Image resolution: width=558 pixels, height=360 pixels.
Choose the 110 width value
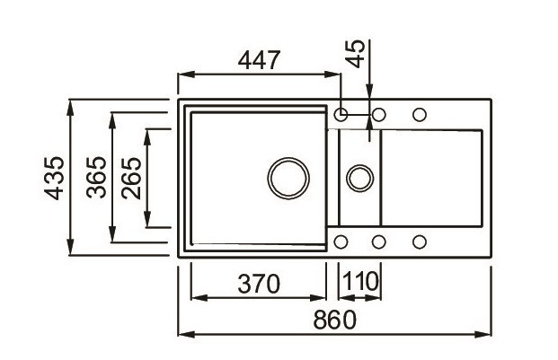(x=359, y=283)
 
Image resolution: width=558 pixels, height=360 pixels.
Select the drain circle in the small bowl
(x=359, y=176)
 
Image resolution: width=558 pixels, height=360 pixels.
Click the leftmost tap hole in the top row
(x=341, y=115)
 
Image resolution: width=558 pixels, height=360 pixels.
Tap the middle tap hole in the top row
(x=379, y=115)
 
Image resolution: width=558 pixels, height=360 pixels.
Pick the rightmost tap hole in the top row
(x=420, y=115)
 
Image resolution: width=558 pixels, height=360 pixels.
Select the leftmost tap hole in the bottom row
(x=341, y=241)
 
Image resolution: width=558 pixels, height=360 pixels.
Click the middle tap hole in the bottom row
(x=379, y=241)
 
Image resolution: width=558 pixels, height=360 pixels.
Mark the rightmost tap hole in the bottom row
(x=420, y=241)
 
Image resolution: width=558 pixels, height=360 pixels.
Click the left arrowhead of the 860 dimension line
(x=184, y=334)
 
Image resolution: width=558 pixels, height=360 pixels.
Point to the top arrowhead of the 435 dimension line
(x=71, y=103)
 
